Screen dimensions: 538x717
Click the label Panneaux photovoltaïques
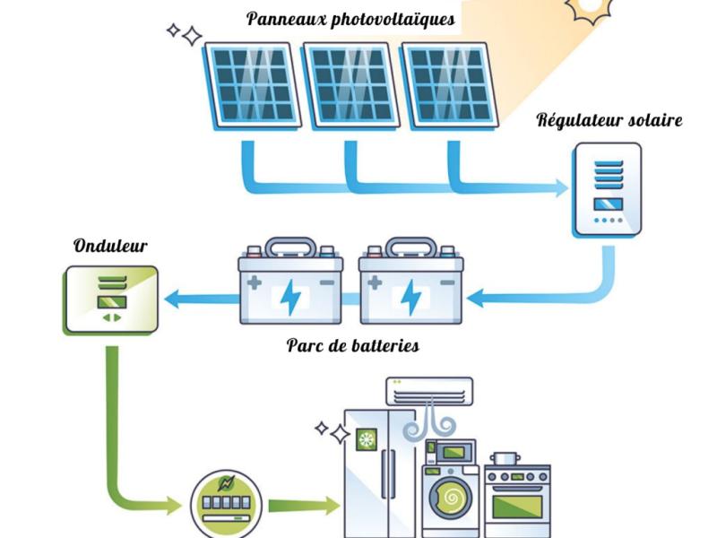point(350,20)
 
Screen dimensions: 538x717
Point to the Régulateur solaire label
point(609,120)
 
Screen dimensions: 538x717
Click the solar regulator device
point(608,191)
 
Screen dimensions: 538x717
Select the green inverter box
point(111,299)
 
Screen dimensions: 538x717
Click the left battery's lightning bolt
point(290,297)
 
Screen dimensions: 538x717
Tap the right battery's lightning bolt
point(411,297)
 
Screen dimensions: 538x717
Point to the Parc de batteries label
point(352,345)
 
